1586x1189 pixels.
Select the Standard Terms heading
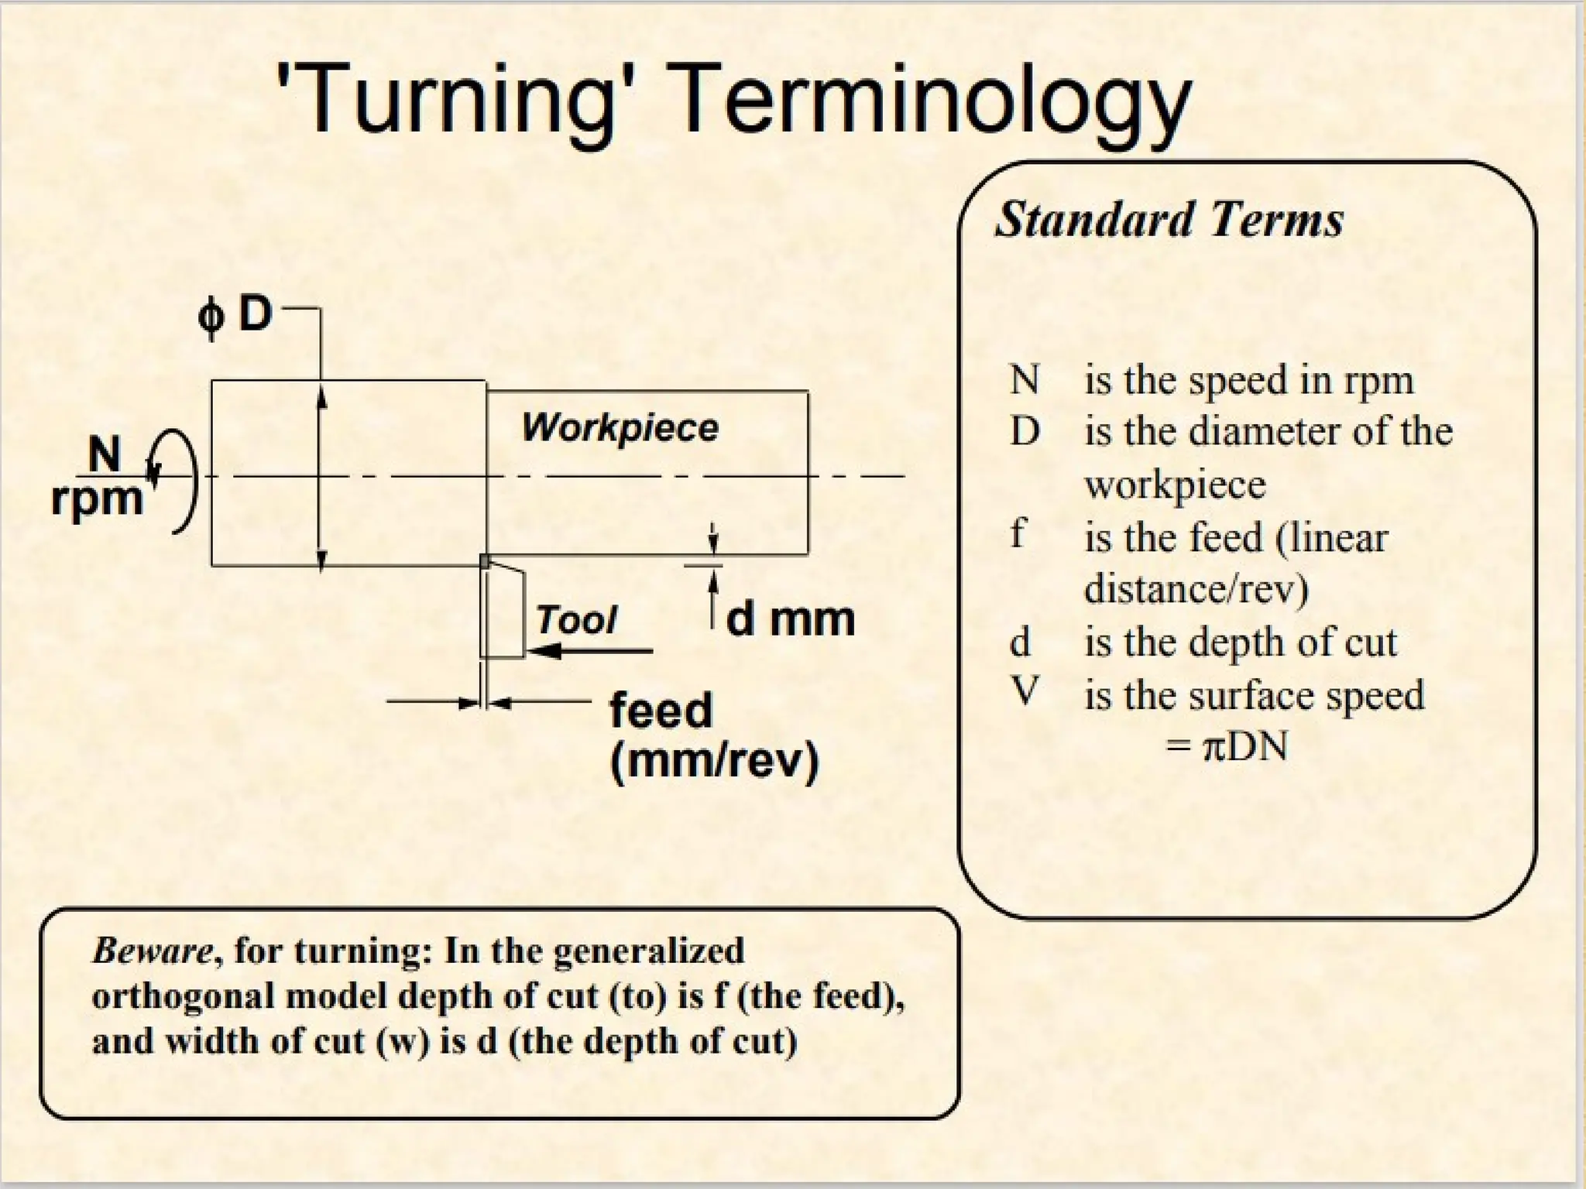pos(1169,220)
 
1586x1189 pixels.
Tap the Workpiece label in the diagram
pos(620,427)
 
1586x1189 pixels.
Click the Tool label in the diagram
pos(576,620)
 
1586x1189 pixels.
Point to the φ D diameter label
pos(235,315)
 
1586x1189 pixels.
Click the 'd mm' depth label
pos(790,619)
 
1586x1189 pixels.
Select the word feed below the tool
pos(661,711)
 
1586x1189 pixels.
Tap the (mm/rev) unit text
pos(714,762)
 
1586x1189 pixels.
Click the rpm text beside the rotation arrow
pos(97,498)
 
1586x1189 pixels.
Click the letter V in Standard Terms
pos(1024,691)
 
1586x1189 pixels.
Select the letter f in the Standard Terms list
pos(1018,534)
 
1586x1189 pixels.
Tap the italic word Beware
pos(152,951)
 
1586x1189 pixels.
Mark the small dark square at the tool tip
pos(485,561)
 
